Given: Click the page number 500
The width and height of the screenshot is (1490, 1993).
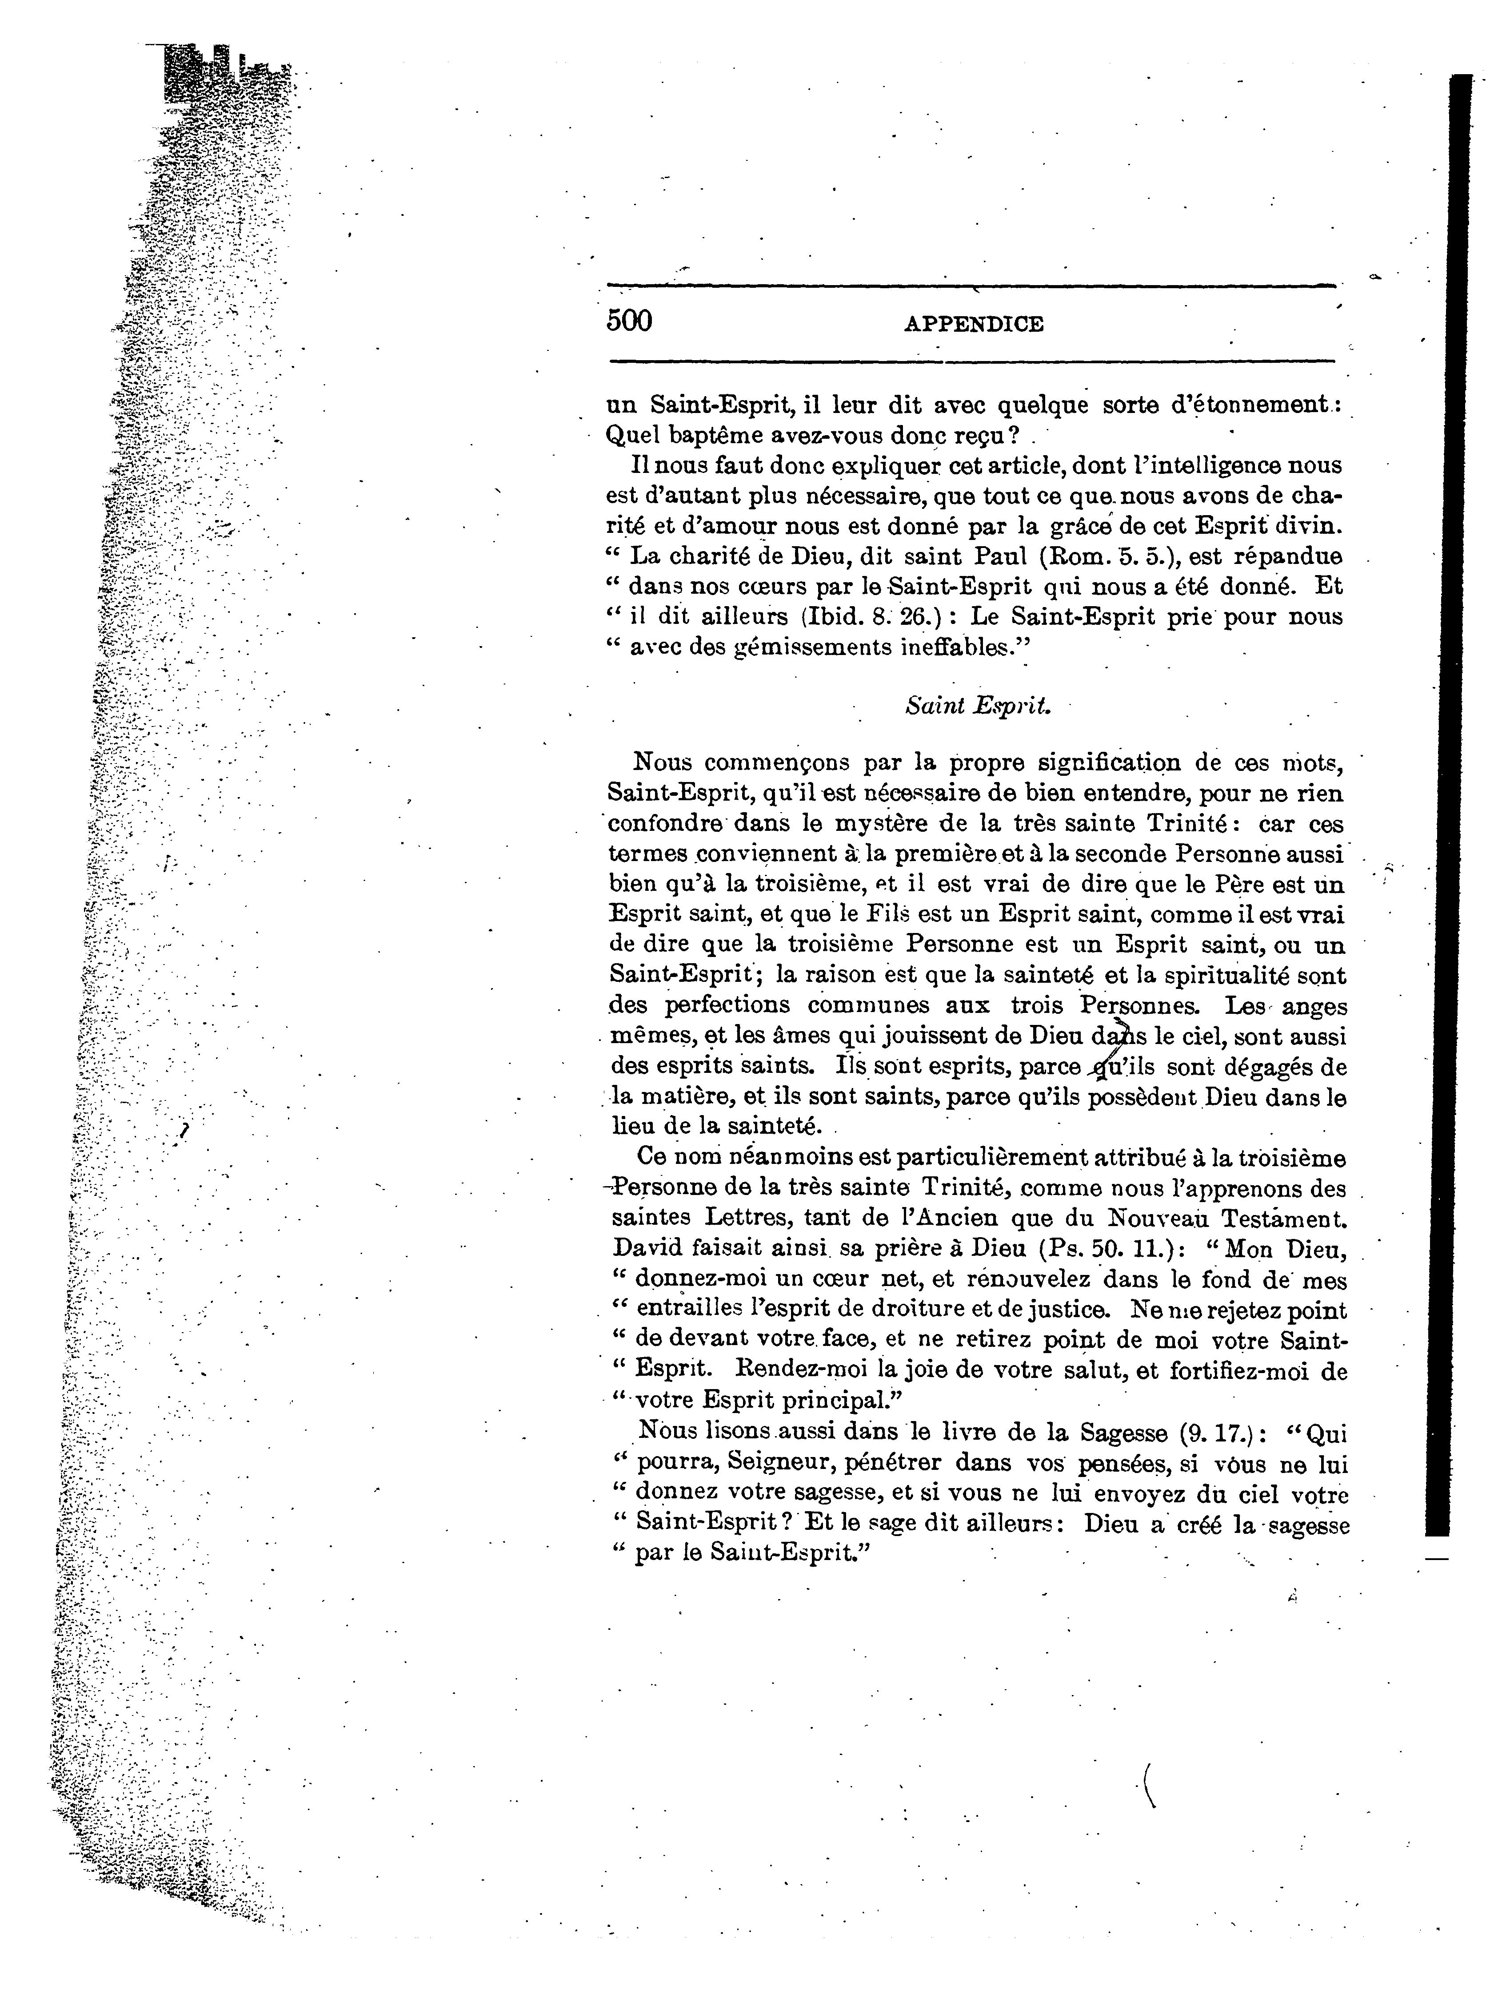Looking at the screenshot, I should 629,321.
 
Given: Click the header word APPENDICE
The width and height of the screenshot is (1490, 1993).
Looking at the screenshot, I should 974,324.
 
